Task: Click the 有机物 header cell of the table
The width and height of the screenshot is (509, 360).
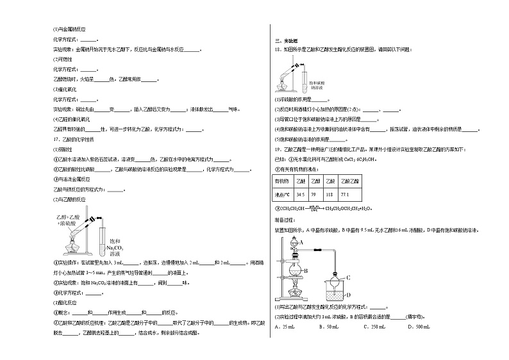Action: pyautogui.click(x=283, y=182)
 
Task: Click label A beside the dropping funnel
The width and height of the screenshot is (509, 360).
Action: pyautogui.click(x=300, y=241)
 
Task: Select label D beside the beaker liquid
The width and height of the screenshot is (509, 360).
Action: pyautogui.click(x=347, y=295)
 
